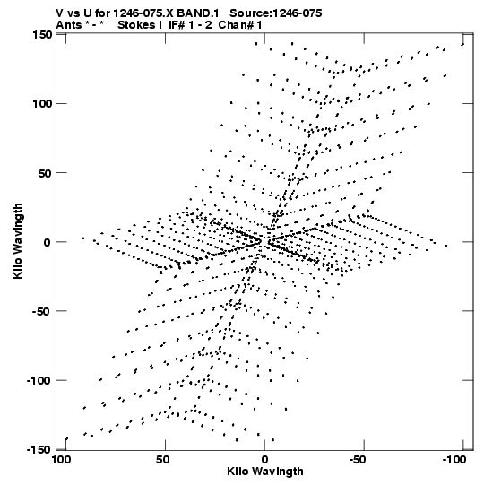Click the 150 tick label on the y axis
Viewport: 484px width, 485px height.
click(42, 35)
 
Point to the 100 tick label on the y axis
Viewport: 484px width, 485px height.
click(42, 104)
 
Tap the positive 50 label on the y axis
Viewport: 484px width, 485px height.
click(45, 173)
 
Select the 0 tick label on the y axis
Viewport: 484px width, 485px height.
click(47, 242)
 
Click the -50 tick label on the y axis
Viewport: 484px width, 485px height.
click(42, 311)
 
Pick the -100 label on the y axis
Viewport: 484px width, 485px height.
click(39, 381)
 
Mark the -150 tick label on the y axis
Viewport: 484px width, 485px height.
click(39, 450)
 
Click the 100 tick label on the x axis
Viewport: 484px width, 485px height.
click(61, 460)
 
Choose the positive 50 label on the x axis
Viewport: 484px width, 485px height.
click(162, 460)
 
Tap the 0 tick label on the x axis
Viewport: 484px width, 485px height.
click(264, 460)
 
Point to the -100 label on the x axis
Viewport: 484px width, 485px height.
click(454, 460)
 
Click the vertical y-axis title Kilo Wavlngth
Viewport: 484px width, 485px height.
click(18, 241)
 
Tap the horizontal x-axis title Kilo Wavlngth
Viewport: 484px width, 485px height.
click(265, 472)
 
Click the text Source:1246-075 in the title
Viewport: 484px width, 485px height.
click(276, 13)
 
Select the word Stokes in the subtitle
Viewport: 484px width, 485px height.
click(137, 25)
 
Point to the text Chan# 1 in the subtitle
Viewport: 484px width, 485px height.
click(240, 25)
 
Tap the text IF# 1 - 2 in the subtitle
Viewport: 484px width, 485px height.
click(191, 25)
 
